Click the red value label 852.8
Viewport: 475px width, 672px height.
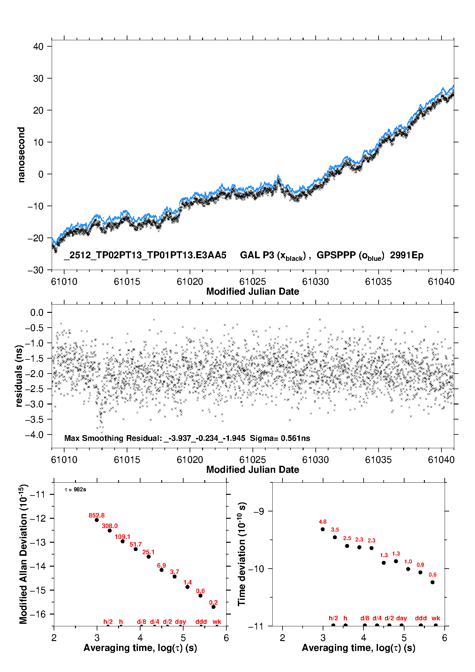[x=96, y=515]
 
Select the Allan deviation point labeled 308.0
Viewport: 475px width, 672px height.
[x=109, y=531]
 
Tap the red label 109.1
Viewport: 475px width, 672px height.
[x=123, y=537]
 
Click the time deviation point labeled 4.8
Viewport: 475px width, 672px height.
[x=323, y=529]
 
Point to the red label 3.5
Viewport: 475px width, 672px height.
[x=335, y=530]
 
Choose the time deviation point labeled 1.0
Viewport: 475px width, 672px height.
[x=408, y=569]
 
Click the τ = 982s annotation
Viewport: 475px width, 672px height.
[x=75, y=489]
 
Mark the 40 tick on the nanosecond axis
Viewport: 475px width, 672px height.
[x=38, y=47]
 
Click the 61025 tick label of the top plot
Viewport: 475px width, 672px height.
[x=253, y=282]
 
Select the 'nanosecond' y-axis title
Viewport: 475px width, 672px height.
[x=21, y=155]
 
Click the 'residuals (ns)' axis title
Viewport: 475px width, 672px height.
[x=19, y=376]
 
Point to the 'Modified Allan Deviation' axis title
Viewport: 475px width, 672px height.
[x=23, y=554]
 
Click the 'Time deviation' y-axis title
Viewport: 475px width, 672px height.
[x=242, y=554]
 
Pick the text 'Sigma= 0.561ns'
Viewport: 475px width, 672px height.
[x=280, y=438]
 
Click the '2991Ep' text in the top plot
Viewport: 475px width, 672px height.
[x=407, y=255]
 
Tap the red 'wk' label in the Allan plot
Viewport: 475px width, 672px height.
[x=217, y=622]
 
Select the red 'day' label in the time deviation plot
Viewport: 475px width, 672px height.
[x=402, y=618]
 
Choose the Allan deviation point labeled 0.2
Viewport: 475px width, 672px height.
[x=213, y=607]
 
